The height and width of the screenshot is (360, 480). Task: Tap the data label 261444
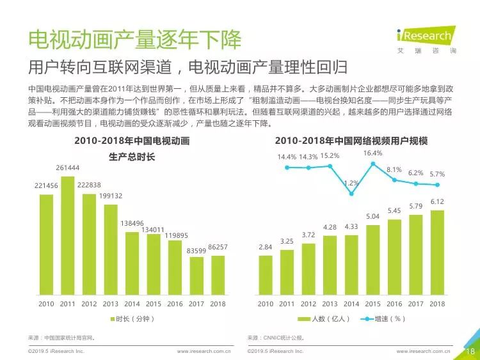(x=68, y=168)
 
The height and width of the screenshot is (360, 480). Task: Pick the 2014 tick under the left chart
(x=132, y=304)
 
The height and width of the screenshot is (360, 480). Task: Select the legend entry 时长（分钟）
(x=132, y=318)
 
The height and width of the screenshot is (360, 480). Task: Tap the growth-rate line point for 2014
(x=351, y=193)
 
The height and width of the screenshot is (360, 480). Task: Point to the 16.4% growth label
(x=372, y=153)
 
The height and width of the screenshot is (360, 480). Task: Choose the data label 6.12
(x=437, y=201)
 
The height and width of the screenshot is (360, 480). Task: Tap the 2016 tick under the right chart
(x=394, y=304)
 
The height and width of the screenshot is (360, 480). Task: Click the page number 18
(x=469, y=350)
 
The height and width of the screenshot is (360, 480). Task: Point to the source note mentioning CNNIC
(x=276, y=337)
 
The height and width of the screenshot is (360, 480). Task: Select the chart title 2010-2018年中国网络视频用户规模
(x=351, y=141)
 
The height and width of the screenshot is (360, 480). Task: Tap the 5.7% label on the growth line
(x=437, y=174)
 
